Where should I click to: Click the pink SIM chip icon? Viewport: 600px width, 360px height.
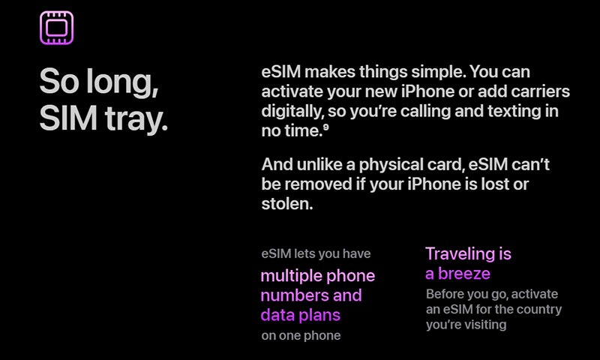(57, 28)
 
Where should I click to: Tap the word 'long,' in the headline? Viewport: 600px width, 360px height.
(122, 82)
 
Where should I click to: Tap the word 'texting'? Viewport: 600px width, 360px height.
(514, 111)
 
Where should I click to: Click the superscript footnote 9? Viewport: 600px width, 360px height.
(325, 127)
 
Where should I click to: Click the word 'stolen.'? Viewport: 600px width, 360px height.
(287, 204)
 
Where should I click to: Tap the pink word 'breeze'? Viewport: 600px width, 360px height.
(464, 274)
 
